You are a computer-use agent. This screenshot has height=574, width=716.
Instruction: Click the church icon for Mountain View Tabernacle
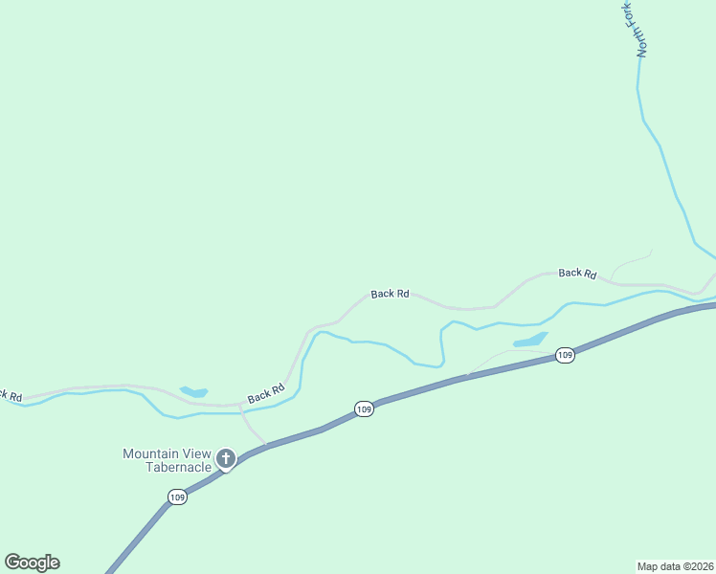(x=226, y=459)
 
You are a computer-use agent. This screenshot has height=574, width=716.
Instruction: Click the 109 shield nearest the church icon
(x=177, y=497)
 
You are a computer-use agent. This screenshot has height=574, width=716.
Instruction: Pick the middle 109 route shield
(x=363, y=409)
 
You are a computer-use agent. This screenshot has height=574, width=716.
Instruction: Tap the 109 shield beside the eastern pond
(x=565, y=356)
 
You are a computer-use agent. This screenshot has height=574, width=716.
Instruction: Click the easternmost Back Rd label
(x=577, y=274)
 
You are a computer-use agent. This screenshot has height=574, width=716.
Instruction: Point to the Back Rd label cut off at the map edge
(x=11, y=394)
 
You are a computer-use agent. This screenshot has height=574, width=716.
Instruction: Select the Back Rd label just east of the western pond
(x=266, y=392)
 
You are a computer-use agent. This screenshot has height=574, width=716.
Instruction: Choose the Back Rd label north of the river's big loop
(x=390, y=294)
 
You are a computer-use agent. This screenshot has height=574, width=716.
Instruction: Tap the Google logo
(x=32, y=563)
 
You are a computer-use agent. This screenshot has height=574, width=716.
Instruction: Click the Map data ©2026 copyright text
(x=675, y=565)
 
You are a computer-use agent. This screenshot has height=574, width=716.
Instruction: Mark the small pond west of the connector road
(x=194, y=391)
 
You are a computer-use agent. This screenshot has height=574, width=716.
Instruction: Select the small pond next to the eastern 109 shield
(x=530, y=340)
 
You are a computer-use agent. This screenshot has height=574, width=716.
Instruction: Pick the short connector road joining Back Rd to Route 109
(x=251, y=430)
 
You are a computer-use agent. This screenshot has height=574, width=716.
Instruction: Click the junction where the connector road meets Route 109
(x=266, y=446)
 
